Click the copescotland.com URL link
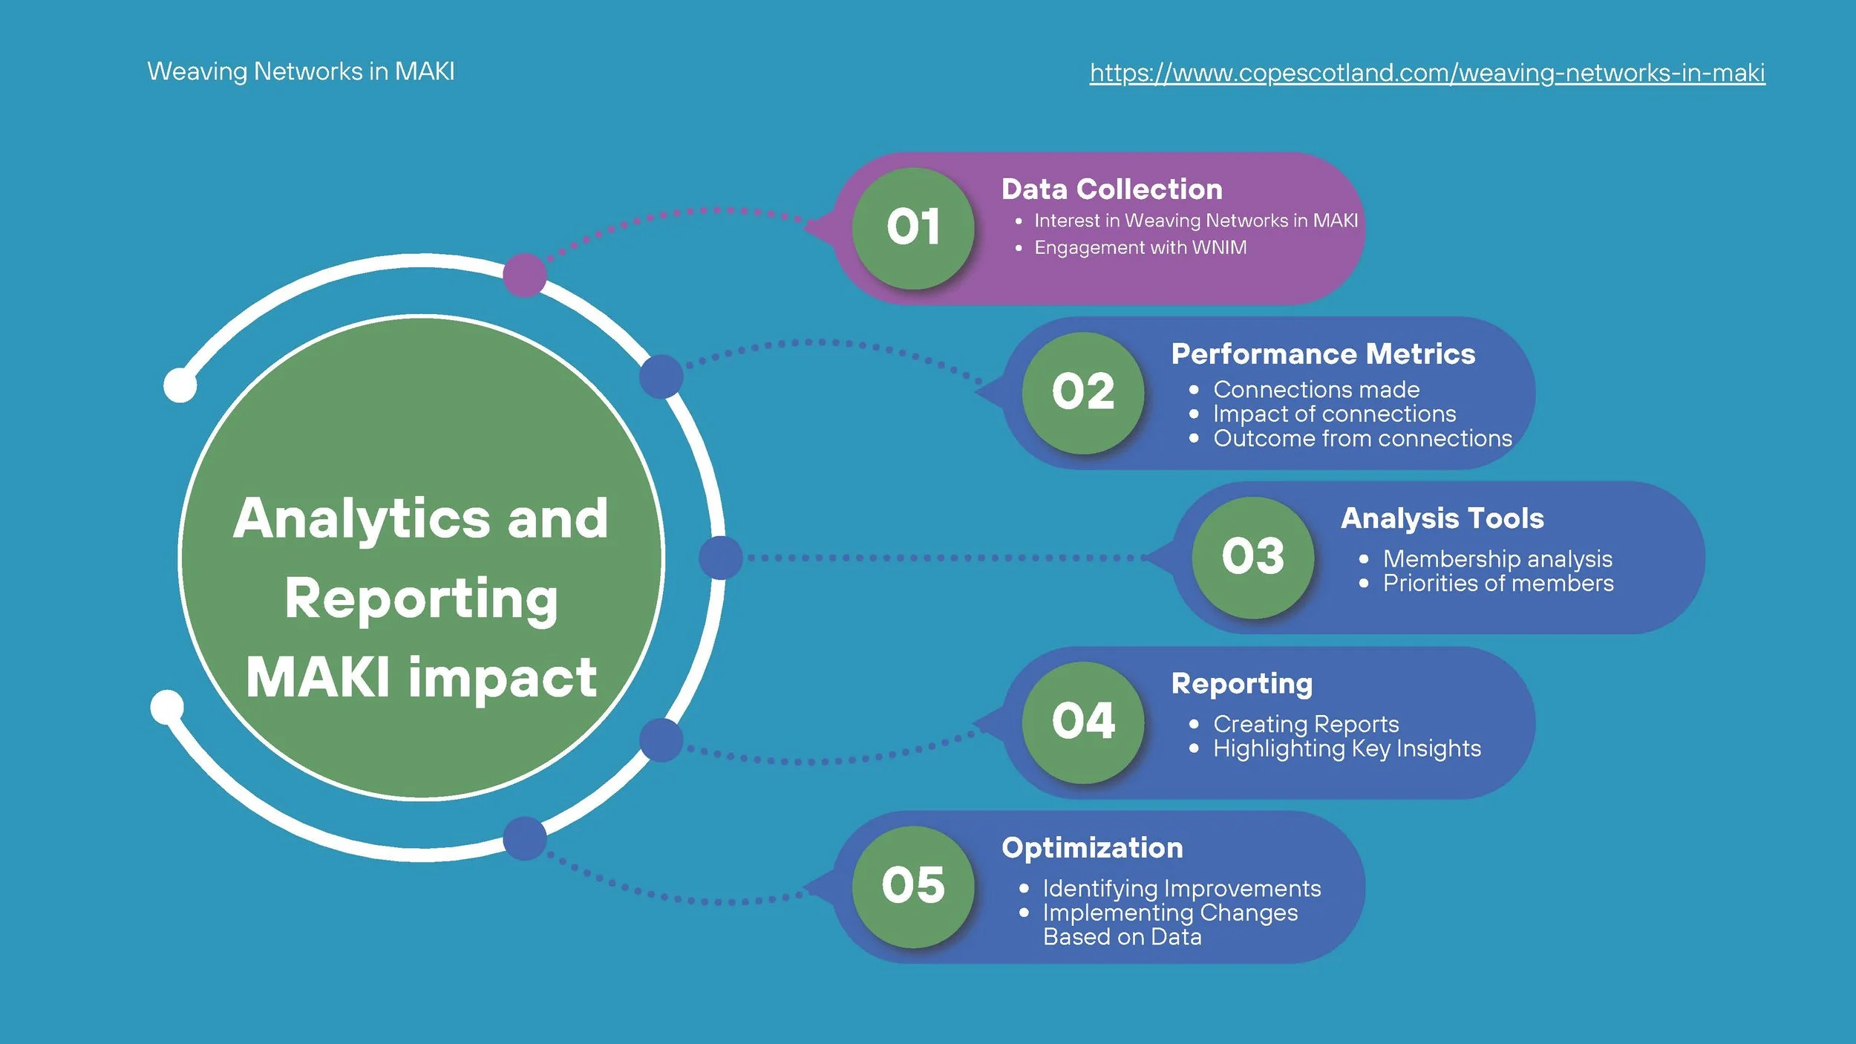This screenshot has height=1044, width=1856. pos(1426,73)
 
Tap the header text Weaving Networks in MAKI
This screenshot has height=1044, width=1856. pos(301,71)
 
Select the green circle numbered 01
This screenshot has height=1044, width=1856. pos(912,228)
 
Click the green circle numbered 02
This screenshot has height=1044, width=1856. pos(1082,393)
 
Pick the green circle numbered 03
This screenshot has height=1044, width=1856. pos(1252,557)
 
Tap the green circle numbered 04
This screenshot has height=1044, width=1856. pos(1082,722)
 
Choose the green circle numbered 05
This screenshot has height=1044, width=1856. pos(912,887)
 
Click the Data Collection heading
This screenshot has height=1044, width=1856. pos(1111,189)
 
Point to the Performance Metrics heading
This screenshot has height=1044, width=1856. pos(1323,354)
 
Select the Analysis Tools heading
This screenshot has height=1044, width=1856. pos(1442,518)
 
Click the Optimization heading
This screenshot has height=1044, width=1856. pos(1092,848)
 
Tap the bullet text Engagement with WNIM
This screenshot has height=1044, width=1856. pos(1140,247)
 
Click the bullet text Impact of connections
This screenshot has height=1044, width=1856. pos(1334,414)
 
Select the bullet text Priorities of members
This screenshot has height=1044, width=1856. pos(1497,584)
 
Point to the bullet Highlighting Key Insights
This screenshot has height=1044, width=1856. pos(1347,748)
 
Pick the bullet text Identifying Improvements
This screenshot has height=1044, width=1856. pos(1181,888)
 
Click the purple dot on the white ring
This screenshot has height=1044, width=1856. pos(525,275)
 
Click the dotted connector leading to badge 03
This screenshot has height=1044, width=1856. pos(943,558)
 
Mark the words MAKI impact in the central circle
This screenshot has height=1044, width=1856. pos(421,678)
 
